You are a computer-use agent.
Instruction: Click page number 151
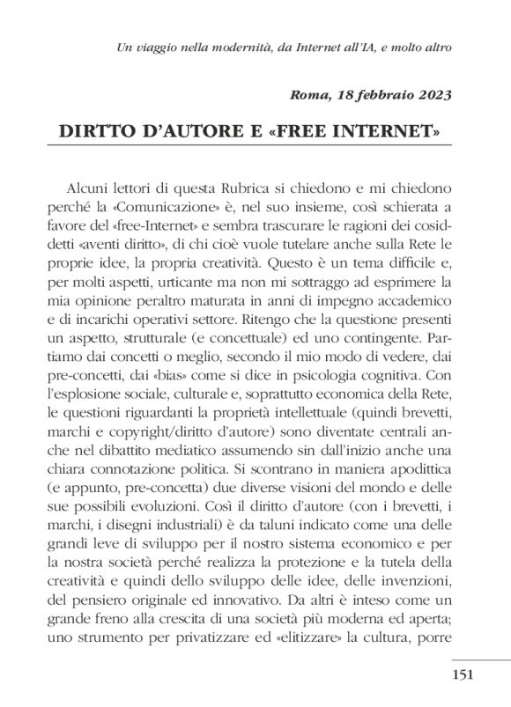click(463, 675)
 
